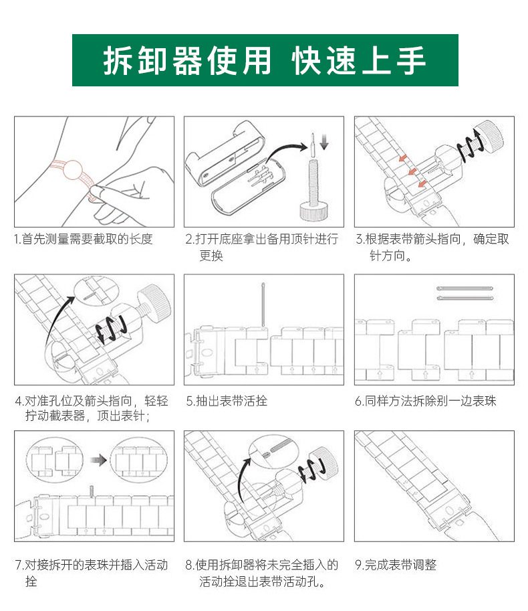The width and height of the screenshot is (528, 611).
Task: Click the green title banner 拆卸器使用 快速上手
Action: point(265,60)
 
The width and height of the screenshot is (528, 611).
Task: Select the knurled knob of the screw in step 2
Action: point(313,211)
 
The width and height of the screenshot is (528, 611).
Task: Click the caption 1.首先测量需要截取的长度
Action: point(83,239)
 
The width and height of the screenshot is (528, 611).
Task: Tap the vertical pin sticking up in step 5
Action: point(263,304)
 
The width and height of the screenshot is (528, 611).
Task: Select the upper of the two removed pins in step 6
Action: point(465,288)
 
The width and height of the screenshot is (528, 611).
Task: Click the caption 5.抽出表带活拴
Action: point(227,401)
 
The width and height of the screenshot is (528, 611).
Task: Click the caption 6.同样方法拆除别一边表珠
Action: point(426,401)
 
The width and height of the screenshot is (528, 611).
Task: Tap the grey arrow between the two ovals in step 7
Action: point(98,460)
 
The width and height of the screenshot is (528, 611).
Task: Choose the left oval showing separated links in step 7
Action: point(55,460)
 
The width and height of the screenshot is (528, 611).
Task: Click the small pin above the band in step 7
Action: point(92,491)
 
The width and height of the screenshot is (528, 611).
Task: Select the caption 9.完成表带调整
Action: point(396,565)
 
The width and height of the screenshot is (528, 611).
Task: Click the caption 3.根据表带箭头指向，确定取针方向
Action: point(432,247)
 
